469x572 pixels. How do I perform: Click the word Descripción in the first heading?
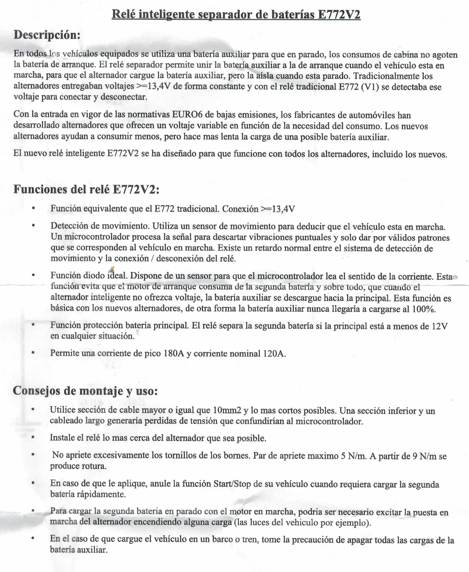pos(47,35)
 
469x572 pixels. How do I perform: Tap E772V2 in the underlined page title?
pos(339,14)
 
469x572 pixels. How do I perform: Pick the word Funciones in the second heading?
pos(40,189)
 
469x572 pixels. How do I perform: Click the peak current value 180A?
pos(174,353)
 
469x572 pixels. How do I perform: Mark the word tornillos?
pos(180,455)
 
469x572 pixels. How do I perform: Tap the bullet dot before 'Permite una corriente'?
pos(33,353)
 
